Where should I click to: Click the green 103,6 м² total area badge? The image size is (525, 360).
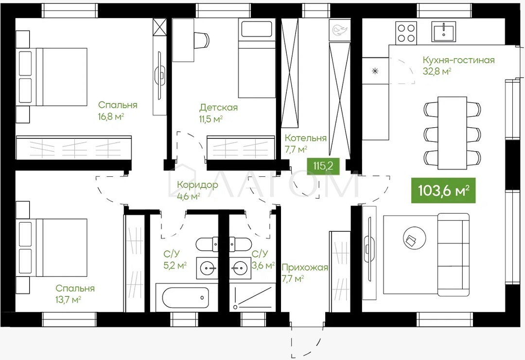click(x=443, y=190)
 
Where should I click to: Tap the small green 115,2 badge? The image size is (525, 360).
click(x=323, y=166)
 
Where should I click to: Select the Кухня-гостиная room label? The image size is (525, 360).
click(x=458, y=60)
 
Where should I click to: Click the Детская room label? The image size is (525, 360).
click(x=219, y=108)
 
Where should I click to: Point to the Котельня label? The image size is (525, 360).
click(x=305, y=138)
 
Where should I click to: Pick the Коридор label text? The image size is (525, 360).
click(x=197, y=185)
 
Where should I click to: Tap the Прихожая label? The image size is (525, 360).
click(x=305, y=267)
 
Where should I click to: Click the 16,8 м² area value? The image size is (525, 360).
click(x=111, y=117)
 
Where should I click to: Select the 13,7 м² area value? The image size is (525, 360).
click(x=69, y=299)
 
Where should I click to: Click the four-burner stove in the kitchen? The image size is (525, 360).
click(x=406, y=33)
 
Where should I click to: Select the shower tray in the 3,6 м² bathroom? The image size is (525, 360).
click(x=253, y=297)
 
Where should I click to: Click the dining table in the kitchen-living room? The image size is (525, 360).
click(x=453, y=133)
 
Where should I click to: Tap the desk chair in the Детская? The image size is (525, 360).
click(x=202, y=39)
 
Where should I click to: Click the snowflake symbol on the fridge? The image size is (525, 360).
click(x=375, y=71)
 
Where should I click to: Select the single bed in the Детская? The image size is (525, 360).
click(x=257, y=58)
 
